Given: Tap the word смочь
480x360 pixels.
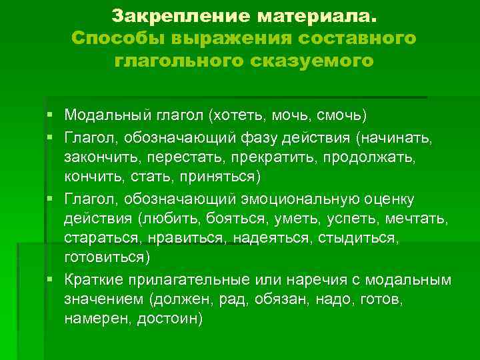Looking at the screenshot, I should click(x=343, y=115).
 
